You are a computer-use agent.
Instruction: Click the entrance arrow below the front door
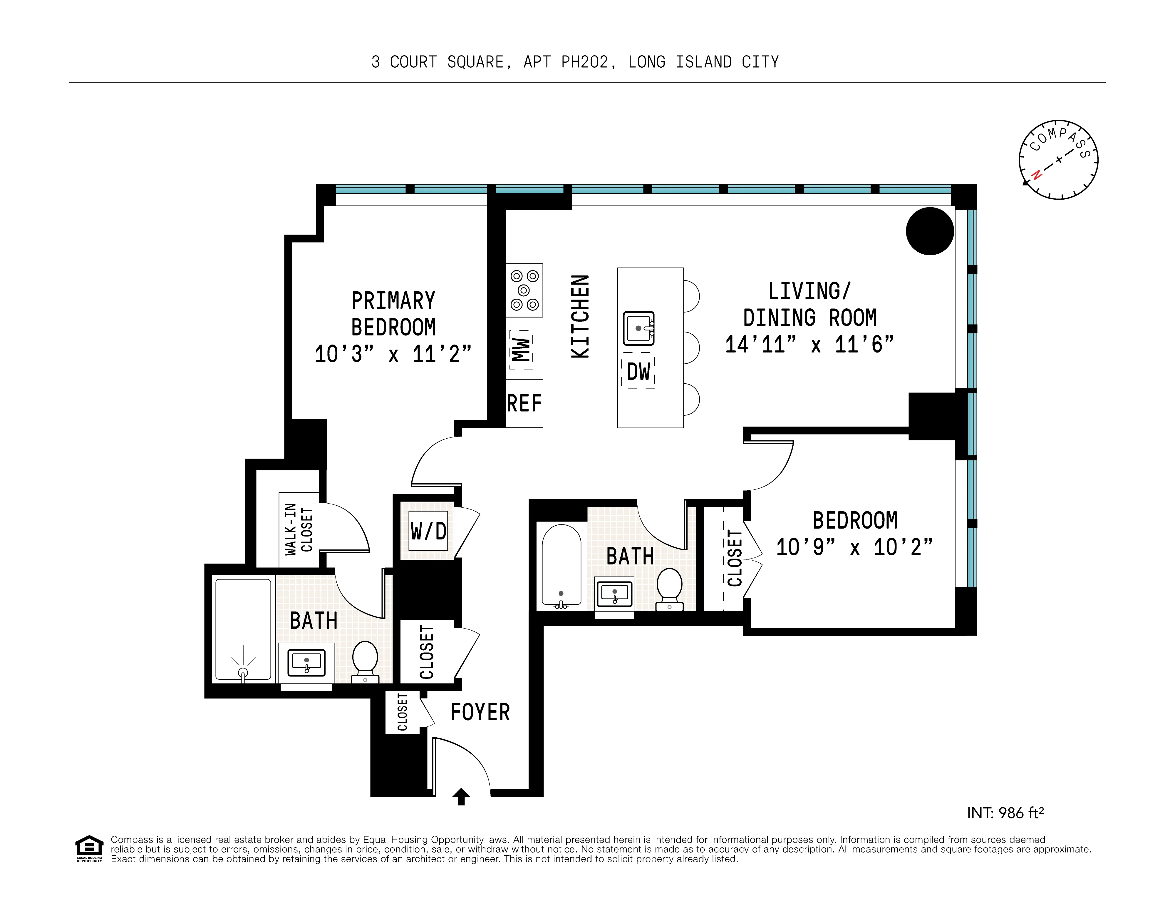[461, 796]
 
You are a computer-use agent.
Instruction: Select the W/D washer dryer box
[428, 531]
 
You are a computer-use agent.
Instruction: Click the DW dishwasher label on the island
[638, 371]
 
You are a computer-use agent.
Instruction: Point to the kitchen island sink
[638, 328]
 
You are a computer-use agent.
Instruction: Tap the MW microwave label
[520, 349]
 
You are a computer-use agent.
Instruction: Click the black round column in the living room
[930, 231]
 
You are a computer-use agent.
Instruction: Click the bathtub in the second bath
[561, 565]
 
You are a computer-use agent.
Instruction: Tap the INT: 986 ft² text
[1005, 813]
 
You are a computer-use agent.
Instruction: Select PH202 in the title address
[585, 62]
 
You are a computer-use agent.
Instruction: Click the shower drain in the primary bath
[243, 672]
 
